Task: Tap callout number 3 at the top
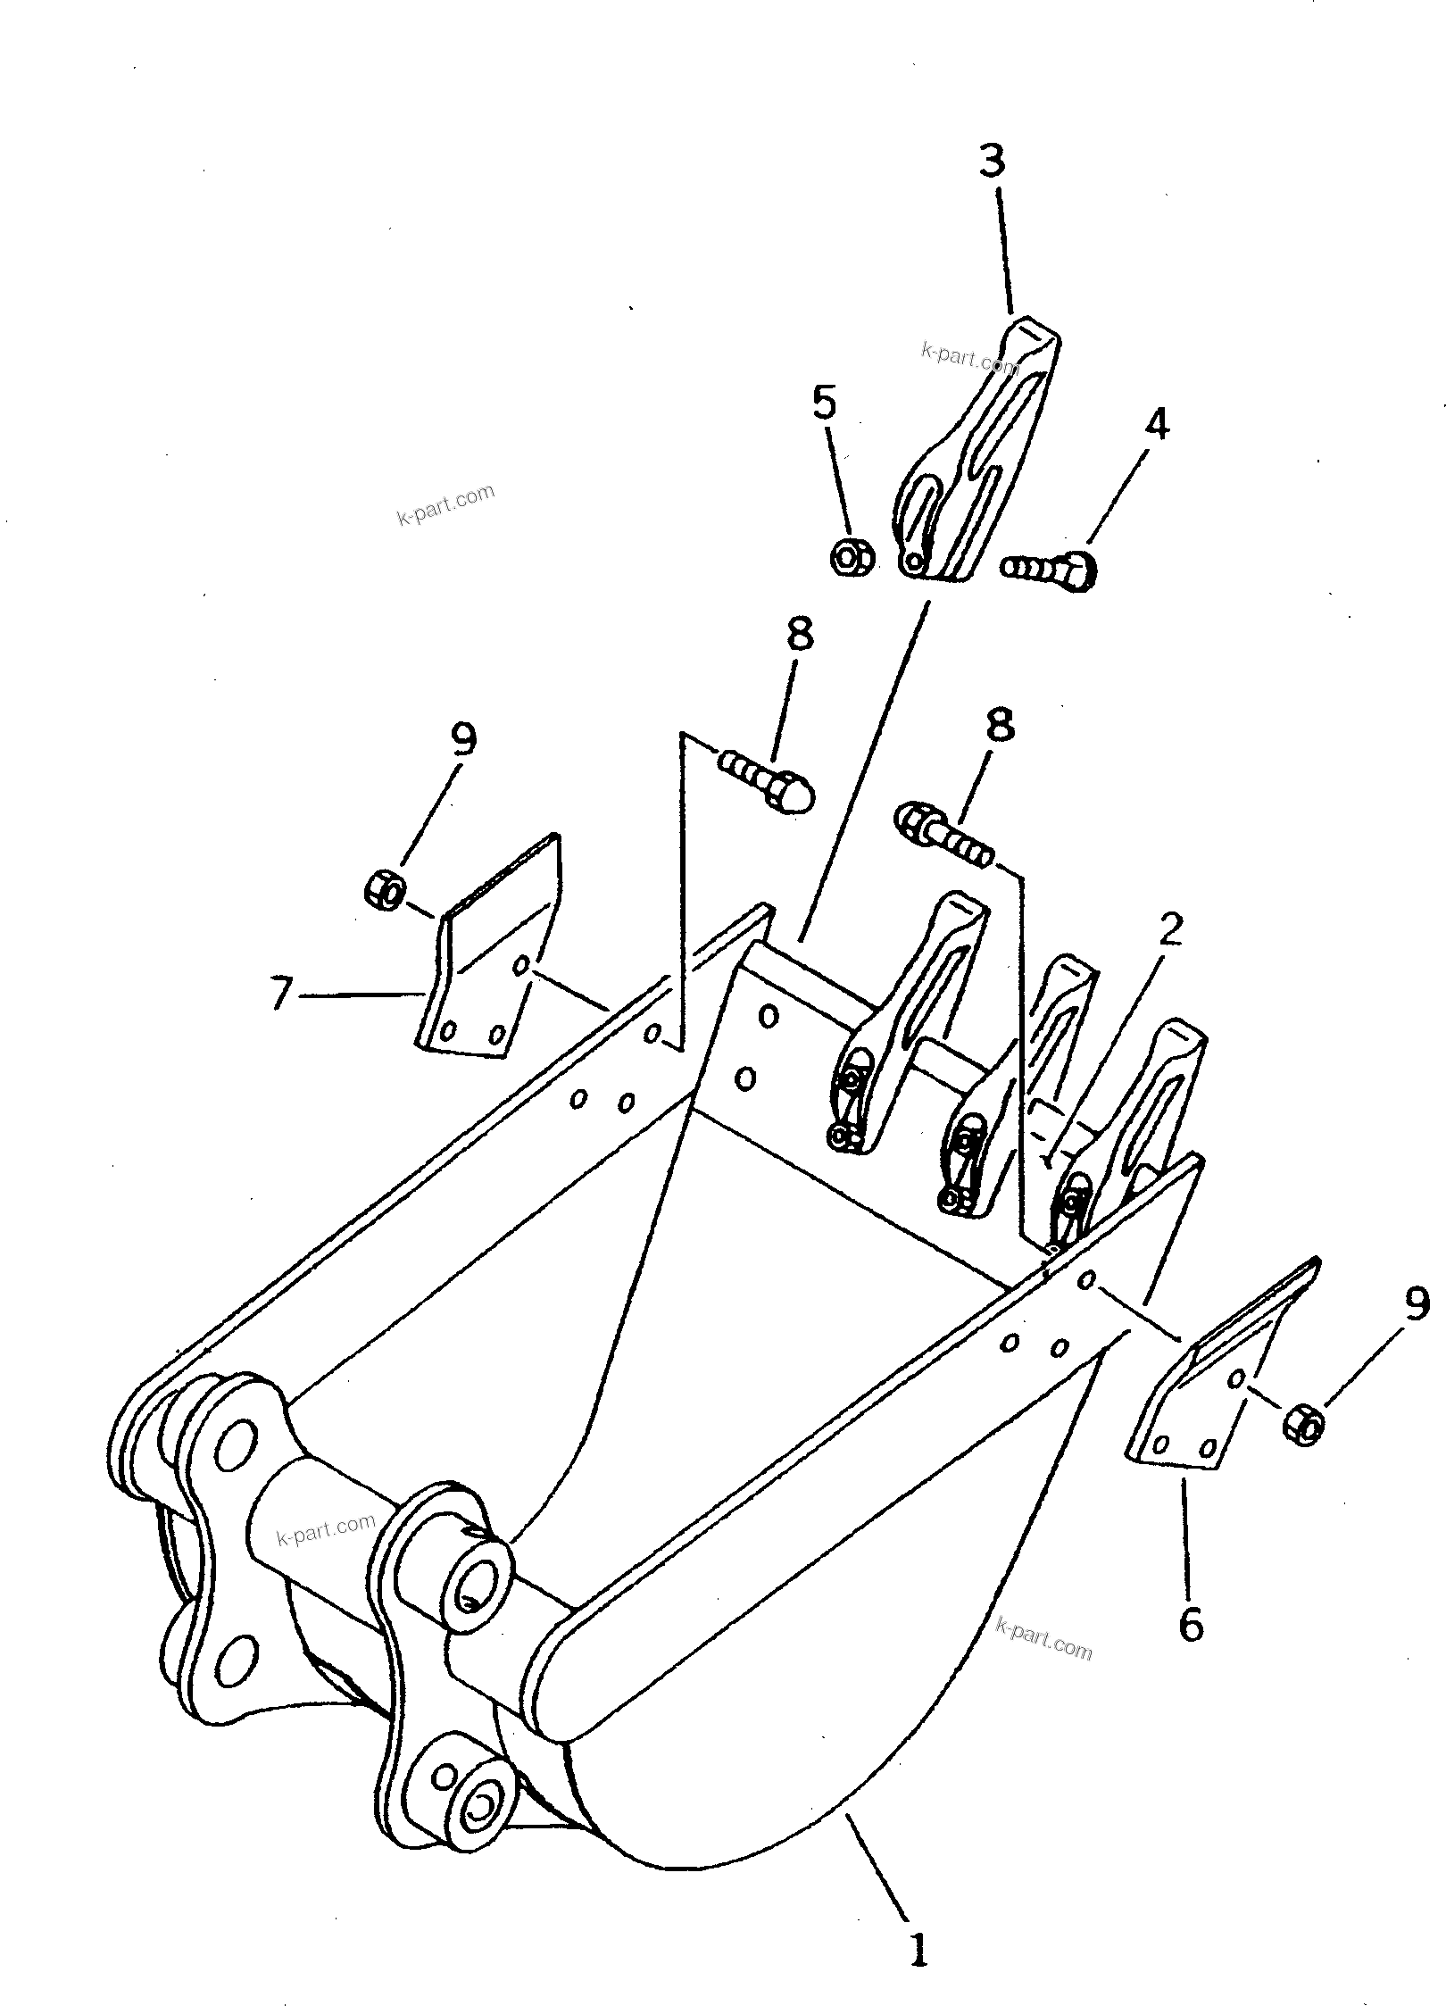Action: pos(992,162)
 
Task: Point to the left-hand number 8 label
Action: pos(799,636)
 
